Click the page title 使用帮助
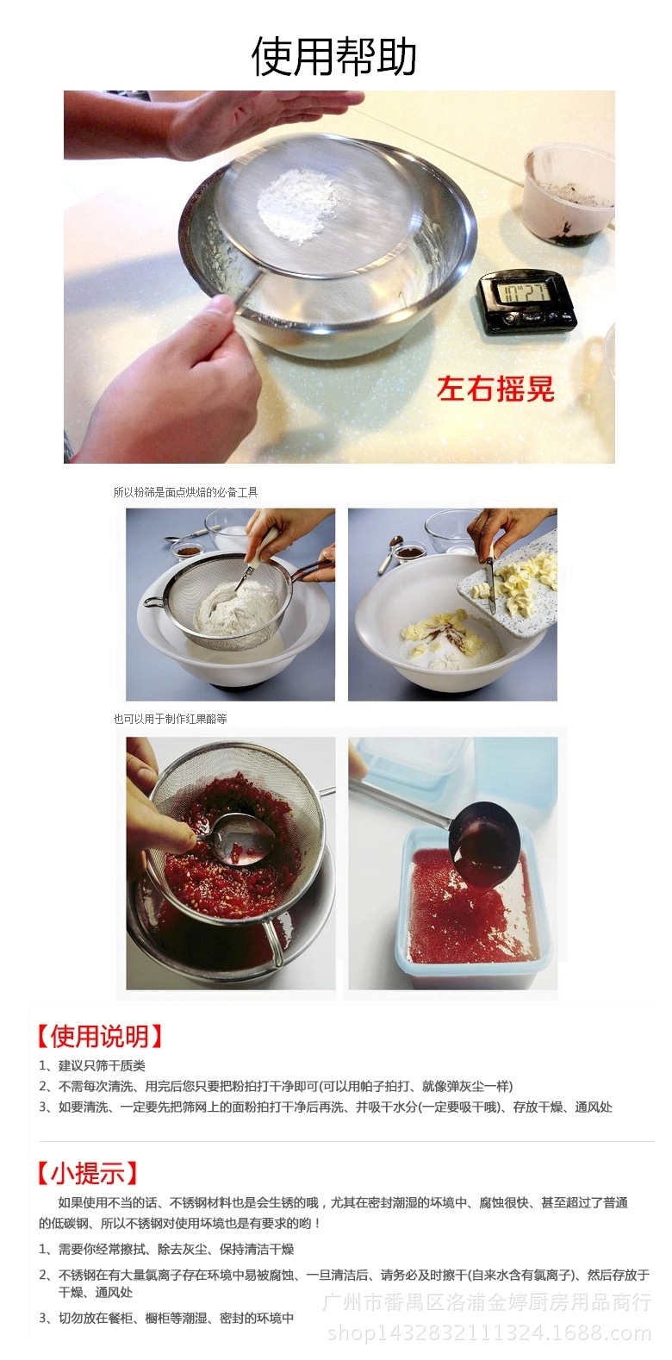coord(334,57)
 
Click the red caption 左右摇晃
coord(495,389)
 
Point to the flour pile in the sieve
coord(298,203)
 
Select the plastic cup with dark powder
coord(569,193)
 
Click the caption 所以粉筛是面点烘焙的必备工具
coord(185,492)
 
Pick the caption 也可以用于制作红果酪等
coord(170,719)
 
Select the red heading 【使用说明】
coord(100,1036)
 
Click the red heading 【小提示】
coord(87,1173)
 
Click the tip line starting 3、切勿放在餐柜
coord(167,1318)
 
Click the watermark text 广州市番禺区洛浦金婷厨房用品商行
coord(487,1301)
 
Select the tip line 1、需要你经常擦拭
coord(167,1249)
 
